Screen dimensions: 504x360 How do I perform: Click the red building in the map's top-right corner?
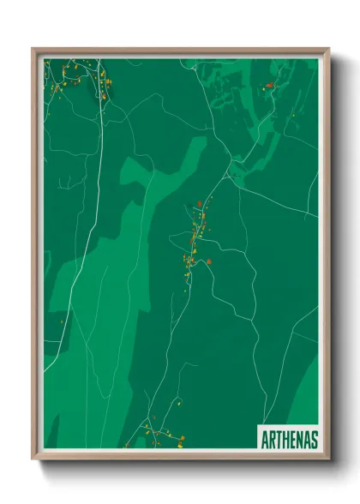click(269, 85)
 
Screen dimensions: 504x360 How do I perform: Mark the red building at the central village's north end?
click(200, 203)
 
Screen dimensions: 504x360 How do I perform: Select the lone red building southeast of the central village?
click(209, 262)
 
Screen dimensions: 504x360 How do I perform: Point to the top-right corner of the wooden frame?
click(327, 50)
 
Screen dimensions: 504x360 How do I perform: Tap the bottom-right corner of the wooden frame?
click(327, 458)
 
